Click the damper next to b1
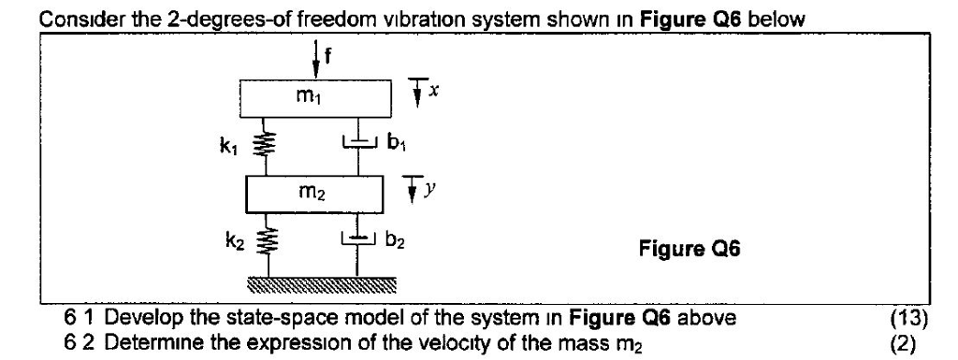356,142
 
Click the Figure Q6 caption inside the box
688,250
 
